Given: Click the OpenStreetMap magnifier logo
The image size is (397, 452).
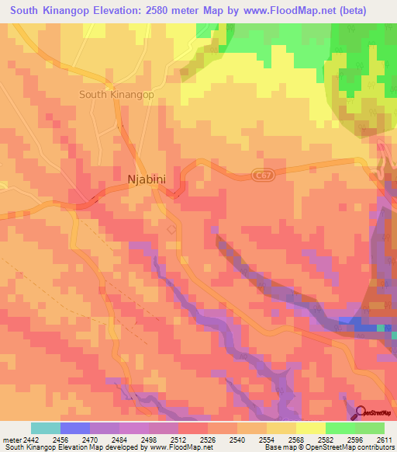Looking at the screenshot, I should [x=360, y=412].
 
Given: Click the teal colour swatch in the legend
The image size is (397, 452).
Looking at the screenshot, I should [x=45, y=428].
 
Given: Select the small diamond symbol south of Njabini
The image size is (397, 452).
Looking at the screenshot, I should [x=171, y=229].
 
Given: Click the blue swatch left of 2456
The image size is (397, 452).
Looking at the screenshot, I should [x=74, y=428].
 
